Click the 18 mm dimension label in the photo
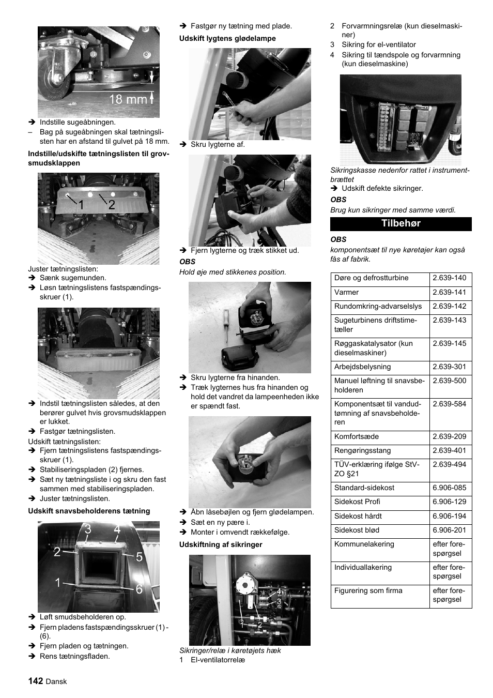point(128,99)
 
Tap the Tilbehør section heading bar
point(400,223)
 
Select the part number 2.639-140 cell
point(450,278)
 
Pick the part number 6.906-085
point(450,488)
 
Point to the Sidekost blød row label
point(357,530)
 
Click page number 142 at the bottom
point(36,681)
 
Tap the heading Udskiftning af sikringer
point(221,544)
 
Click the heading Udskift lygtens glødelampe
point(227,38)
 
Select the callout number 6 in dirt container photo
point(139,589)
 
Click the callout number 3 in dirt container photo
point(88,529)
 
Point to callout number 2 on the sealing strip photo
point(111,205)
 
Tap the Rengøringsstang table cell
point(362,451)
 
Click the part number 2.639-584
point(450,404)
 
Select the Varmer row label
point(347,292)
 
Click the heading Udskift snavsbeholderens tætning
point(89,511)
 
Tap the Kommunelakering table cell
point(364,544)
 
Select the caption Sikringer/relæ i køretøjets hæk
point(230,650)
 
